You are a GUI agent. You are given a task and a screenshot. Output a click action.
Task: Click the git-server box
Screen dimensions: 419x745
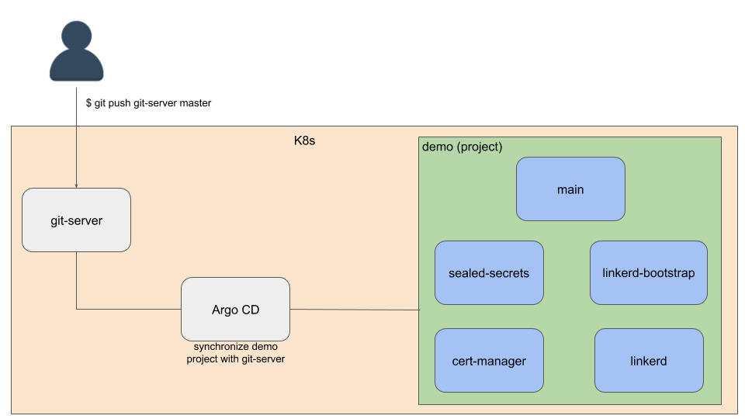[x=76, y=220]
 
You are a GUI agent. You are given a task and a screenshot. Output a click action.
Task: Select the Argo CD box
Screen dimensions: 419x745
[x=235, y=309]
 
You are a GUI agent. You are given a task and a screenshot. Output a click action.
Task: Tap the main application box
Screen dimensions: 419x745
[x=570, y=189]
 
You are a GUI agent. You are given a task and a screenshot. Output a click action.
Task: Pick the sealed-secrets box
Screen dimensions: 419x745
[x=489, y=272]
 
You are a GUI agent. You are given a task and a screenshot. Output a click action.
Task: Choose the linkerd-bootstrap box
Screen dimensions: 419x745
[x=648, y=272]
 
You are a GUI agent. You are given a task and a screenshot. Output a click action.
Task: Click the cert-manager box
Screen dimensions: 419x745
[x=489, y=360]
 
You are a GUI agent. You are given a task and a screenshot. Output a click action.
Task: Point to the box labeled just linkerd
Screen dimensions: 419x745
[x=649, y=360]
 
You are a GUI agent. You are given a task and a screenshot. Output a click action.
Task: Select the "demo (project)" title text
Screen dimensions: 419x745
[x=462, y=147]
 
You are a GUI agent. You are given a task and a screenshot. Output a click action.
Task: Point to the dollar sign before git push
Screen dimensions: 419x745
[x=88, y=102]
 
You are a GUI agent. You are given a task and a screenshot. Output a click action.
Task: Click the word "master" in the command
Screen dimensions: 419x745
[x=195, y=102]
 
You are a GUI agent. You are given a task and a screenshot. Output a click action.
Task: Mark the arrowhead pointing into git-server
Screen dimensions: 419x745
[x=76, y=185]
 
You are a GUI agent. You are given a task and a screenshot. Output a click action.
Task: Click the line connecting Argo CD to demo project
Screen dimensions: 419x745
[x=354, y=310]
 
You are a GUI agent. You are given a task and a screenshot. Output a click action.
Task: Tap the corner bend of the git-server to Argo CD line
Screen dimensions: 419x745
[x=76, y=309]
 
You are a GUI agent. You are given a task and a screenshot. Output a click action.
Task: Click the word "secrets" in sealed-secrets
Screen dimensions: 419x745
[x=509, y=272]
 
